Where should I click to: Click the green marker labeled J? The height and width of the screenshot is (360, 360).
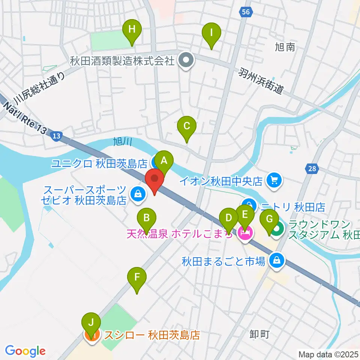tap(91, 323)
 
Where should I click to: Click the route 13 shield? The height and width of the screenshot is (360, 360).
tap(56, 135)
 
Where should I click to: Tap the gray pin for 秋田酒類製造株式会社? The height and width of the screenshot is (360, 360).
tap(186, 60)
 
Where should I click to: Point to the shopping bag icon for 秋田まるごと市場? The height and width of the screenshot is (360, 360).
tap(277, 260)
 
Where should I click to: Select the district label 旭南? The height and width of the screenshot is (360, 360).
tap(285, 47)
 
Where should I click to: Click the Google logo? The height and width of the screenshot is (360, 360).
tap(25, 351)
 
